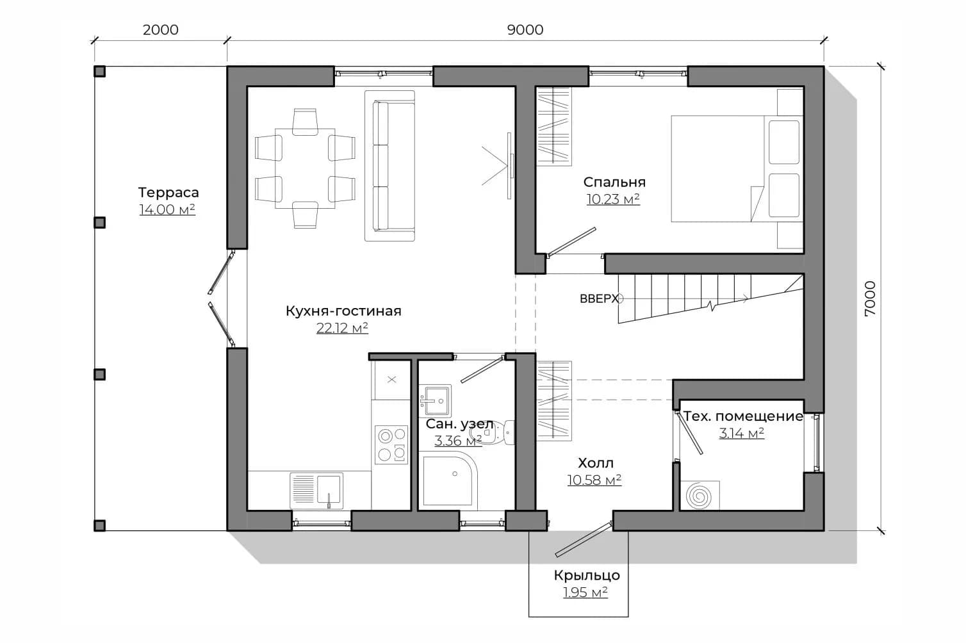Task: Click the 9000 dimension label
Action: [x=525, y=29]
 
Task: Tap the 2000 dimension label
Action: [x=160, y=29]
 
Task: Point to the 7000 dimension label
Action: [x=871, y=298]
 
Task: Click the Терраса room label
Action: [x=168, y=192]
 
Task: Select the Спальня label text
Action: [x=614, y=182]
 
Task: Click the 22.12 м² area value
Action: [x=342, y=328]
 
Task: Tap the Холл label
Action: [x=596, y=463]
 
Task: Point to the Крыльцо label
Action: [x=587, y=575]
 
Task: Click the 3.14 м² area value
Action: [x=741, y=433]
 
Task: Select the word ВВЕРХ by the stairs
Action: [x=598, y=299]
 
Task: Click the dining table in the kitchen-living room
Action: [x=305, y=168]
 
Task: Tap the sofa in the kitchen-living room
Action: [x=390, y=166]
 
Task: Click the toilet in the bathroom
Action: [x=492, y=432]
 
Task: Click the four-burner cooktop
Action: [x=391, y=445]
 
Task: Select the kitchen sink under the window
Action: [x=316, y=490]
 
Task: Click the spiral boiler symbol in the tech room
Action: [x=700, y=495]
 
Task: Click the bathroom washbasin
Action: [x=435, y=400]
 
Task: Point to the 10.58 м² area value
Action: [x=594, y=480]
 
